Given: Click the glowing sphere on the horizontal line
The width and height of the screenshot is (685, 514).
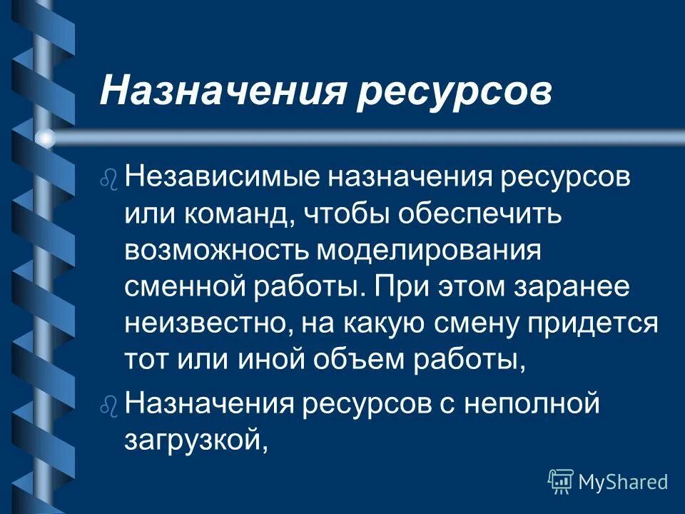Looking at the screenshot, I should tap(46, 138).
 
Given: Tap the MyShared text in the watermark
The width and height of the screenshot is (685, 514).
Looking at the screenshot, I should tap(623, 482).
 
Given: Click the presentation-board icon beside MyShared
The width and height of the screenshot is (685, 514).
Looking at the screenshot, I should tap(561, 481).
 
